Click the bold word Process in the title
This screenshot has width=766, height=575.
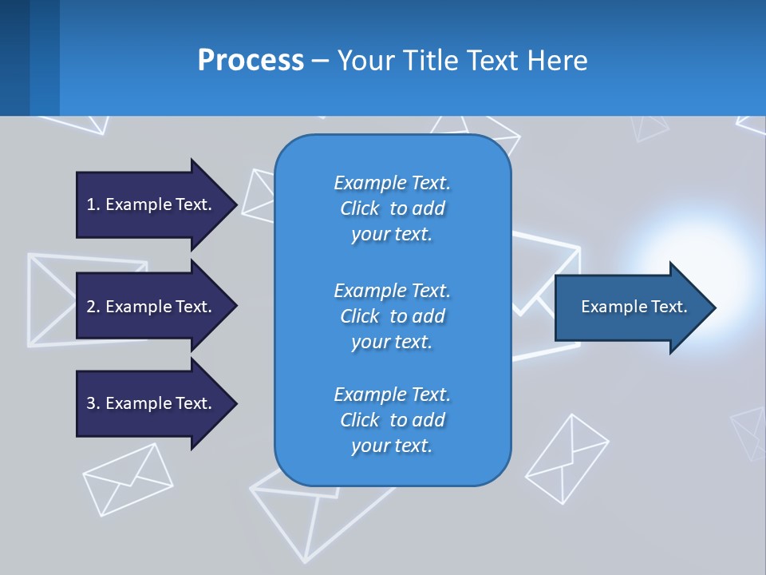click(x=251, y=61)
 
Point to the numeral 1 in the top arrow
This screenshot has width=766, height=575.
click(x=91, y=204)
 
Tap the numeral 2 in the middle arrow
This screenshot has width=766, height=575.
click(x=91, y=307)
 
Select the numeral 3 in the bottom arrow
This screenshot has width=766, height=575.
click(x=91, y=403)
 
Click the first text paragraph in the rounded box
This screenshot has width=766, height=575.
click(x=392, y=208)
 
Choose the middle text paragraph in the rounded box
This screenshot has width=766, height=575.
click(x=392, y=316)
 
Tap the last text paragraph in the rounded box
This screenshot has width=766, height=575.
click(x=392, y=420)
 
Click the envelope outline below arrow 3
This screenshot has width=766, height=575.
click(x=128, y=479)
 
